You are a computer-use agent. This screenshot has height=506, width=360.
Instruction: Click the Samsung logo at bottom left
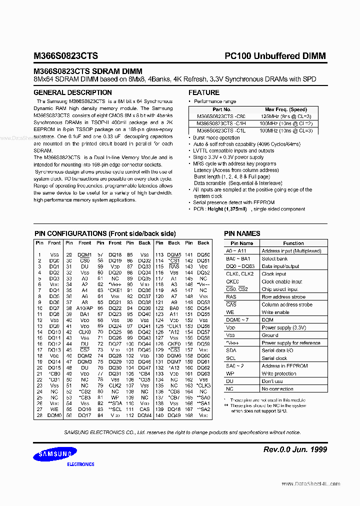tap(55, 454)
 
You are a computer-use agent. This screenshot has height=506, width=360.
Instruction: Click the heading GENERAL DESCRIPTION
tap(72, 92)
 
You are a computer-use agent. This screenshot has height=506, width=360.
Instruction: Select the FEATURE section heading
tap(203, 92)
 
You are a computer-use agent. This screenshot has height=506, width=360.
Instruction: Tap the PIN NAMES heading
tap(242, 233)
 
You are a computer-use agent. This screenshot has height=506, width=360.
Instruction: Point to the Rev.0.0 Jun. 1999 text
tap(295, 449)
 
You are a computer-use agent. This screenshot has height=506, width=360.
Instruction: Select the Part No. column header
tap(221, 109)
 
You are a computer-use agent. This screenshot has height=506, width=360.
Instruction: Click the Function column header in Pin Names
tap(293, 243)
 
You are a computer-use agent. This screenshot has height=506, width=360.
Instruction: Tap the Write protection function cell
tap(279, 373)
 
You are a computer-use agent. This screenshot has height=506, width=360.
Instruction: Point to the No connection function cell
tap(277, 389)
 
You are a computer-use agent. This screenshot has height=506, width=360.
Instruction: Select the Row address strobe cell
tap(283, 297)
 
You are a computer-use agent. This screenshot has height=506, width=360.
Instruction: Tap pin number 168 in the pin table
tap(189, 415)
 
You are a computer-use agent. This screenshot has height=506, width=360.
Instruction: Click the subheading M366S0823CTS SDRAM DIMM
tap(88, 71)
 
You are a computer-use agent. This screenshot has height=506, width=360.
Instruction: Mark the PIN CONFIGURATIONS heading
tap(104, 233)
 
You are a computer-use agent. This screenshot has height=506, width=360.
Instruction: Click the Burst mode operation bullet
tap(216, 137)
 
